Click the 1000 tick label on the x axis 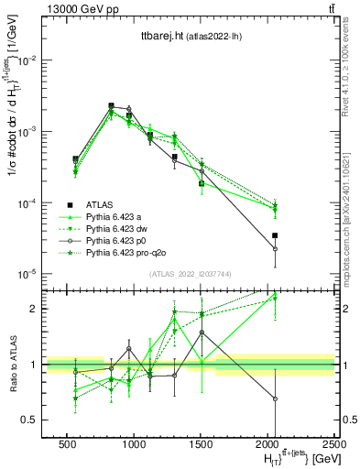[134, 442]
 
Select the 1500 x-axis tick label [201, 442]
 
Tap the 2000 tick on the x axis [267, 442]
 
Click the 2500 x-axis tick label [334, 442]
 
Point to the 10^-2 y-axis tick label [28, 60]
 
